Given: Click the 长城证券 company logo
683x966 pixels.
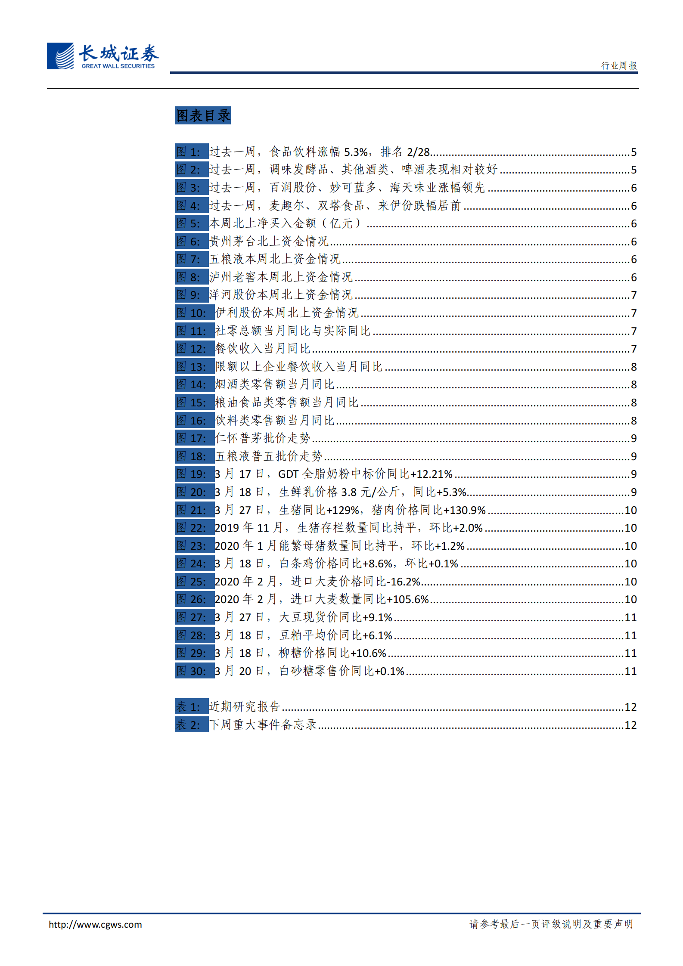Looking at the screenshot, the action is (x=102, y=56).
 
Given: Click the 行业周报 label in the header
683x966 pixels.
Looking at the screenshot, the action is (x=619, y=65).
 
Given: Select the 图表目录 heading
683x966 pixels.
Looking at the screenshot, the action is (x=203, y=115).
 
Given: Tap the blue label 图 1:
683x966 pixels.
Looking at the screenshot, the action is (x=192, y=152).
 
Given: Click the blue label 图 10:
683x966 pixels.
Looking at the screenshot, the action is (x=195, y=313).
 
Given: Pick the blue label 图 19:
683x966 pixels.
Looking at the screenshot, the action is (x=195, y=474).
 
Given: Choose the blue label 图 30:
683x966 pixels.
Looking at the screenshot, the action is (x=195, y=671).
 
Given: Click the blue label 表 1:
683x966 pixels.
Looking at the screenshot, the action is (x=192, y=707).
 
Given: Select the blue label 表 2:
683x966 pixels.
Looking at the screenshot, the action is (x=192, y=725).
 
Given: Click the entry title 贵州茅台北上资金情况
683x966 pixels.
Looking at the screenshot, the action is (x=269, y=241).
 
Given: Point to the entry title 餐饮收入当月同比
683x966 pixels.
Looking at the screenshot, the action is (x=263, y=349).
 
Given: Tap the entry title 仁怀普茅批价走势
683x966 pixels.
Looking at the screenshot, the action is (x=263, y=438).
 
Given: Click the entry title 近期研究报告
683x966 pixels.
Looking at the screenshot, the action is (x=245, y=707).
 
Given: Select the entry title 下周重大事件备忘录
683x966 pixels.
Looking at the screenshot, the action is (x=263, y=725).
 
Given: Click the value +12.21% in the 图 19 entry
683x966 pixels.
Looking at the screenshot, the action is (x=432, y=474).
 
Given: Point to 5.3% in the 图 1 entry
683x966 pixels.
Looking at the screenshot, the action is (x=356, y=152).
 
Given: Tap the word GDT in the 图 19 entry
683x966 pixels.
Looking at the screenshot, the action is (x=288, y=474).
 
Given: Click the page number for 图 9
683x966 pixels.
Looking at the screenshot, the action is (x=633, y=295).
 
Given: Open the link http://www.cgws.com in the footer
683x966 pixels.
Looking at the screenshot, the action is (x=95, y=924).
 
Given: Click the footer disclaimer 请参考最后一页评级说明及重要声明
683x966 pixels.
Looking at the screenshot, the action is (x=551, y=924).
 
